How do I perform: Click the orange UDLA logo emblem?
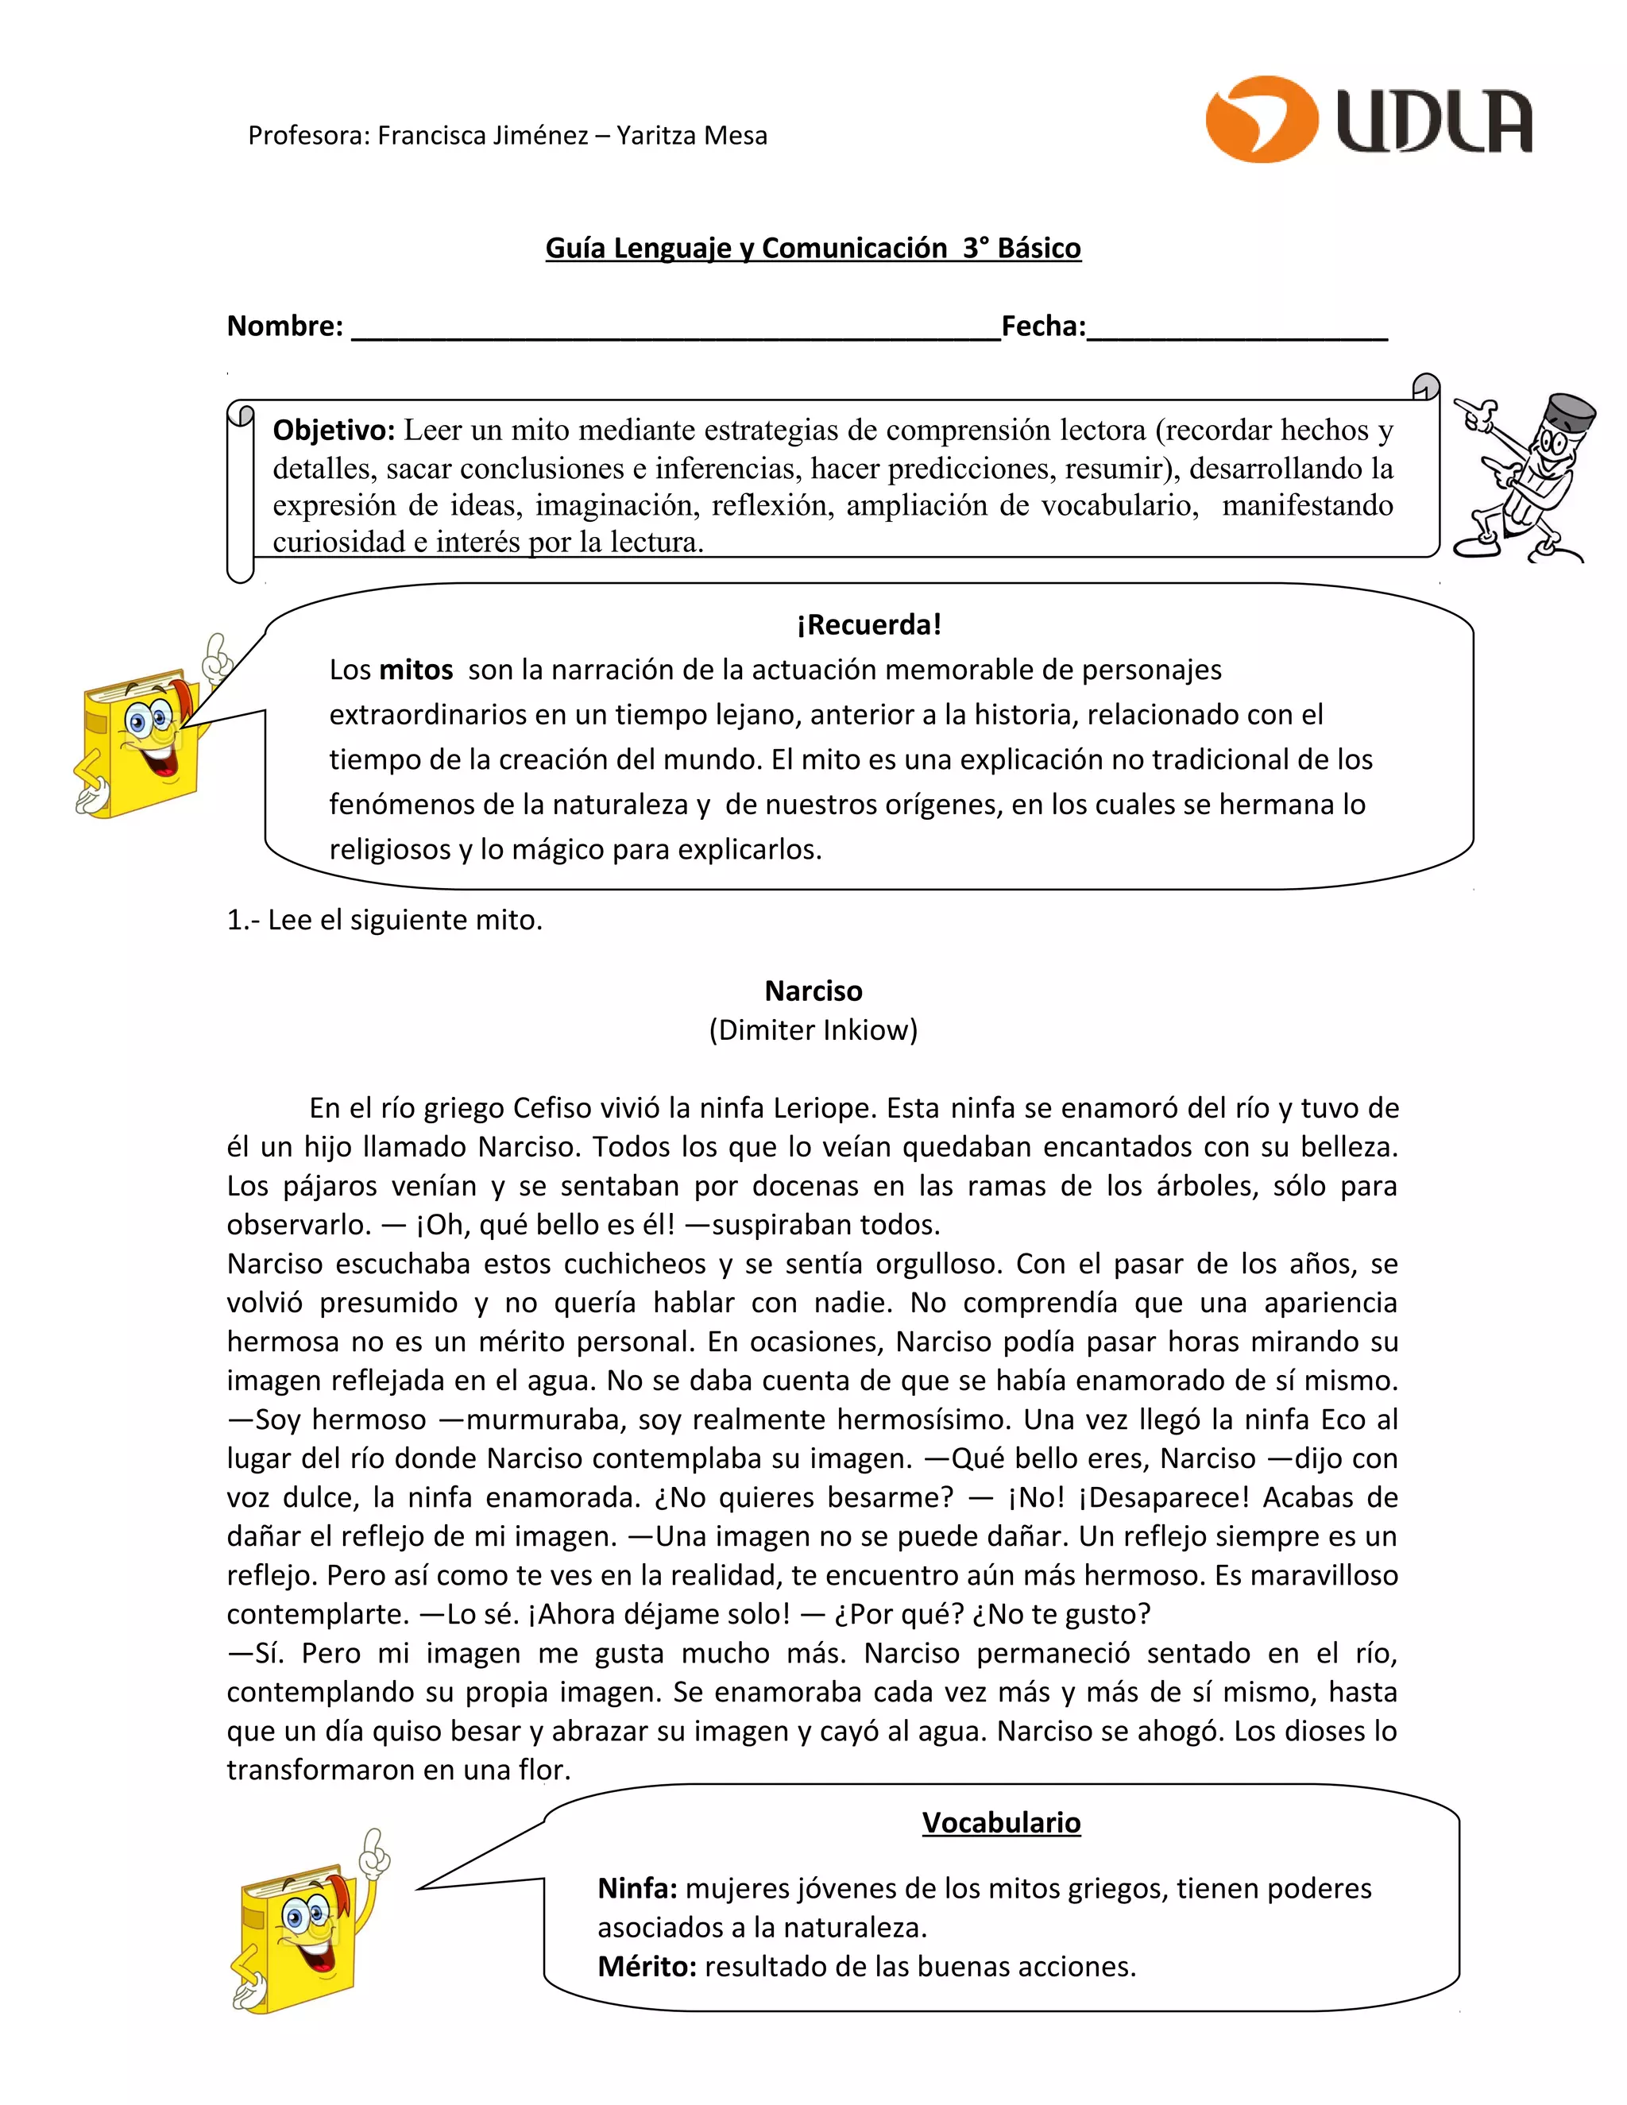[1262, 118]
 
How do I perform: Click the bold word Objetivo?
[334, 430]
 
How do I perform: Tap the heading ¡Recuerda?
[868, 624]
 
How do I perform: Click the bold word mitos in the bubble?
[415, 670]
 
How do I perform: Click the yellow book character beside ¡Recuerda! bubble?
[145, 737]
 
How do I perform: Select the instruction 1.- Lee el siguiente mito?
[385, 921]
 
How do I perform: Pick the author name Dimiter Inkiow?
[813, 1030]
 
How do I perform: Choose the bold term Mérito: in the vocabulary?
[647, 1966]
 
